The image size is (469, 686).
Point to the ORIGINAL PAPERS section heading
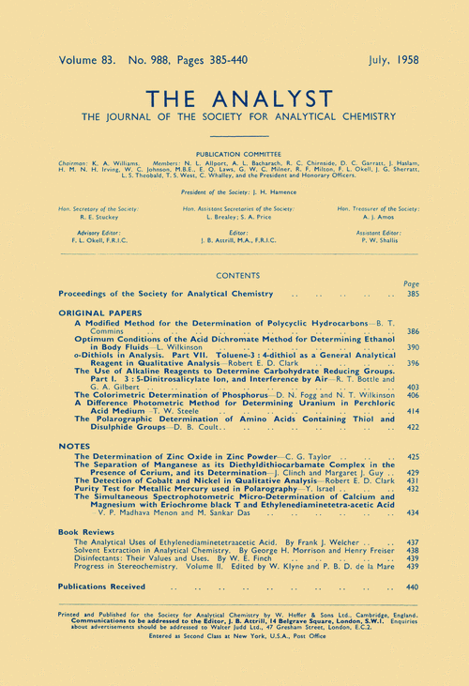(x=95, y=312)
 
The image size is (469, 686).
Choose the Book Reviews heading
(x=84, y=531)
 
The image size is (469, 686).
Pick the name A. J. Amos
(x=383, y=213)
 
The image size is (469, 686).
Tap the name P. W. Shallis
(x=383, y=239)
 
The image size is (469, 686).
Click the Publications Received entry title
(x=102, y=587)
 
